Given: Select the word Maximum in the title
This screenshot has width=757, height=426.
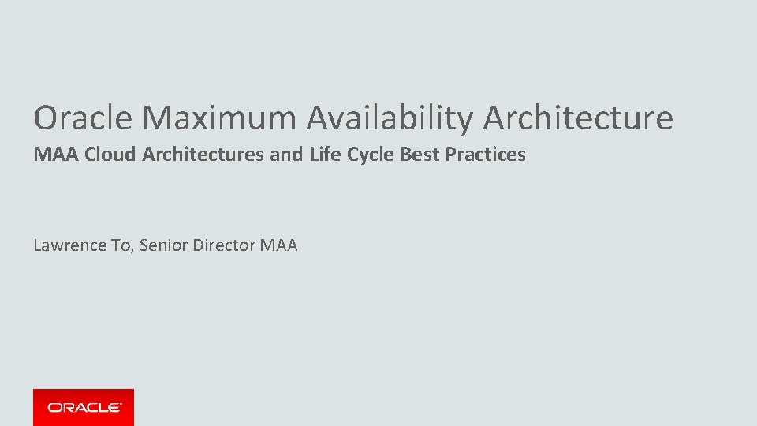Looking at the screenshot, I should click(221, 118).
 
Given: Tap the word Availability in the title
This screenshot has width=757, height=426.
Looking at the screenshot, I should click(390, 118).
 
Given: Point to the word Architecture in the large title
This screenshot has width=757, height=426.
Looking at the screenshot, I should click(578, 118).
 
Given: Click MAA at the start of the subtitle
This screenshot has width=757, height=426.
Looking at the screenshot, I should click(56, 155).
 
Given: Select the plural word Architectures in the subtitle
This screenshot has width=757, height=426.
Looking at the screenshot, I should click(203, 155).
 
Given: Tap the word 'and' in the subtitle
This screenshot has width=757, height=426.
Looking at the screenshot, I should click(285, 155).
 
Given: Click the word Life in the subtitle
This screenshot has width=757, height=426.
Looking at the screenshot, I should click(324, 155).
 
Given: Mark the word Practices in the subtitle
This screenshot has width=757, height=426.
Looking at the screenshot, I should click(485, 155).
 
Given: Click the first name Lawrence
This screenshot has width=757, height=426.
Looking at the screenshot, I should click(69, 245).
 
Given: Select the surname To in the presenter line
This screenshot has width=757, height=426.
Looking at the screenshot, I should click(122, 245).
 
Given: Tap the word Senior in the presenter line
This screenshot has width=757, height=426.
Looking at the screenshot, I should click(165, 245).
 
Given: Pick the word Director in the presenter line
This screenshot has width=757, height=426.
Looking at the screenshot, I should click(224, 245).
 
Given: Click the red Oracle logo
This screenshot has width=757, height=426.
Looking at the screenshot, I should click(84, 407).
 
